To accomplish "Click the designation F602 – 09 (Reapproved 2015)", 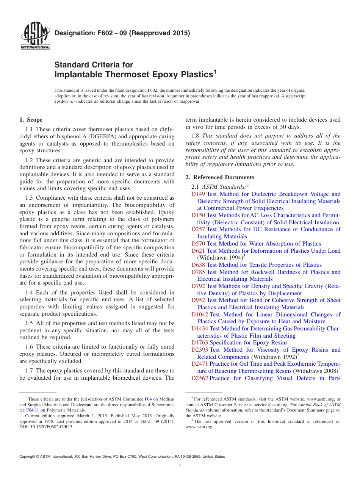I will (122, 33).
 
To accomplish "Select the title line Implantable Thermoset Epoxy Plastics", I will (134, 75).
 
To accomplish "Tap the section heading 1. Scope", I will (31, 120).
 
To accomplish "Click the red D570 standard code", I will (198, 244).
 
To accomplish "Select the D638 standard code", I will (198, 265).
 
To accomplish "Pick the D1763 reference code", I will (200, 343).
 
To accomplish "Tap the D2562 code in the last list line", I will (200, 378).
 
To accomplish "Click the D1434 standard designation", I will (200, 329).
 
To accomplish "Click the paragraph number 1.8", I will (196, 136).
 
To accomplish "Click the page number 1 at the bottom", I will (180, 466).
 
